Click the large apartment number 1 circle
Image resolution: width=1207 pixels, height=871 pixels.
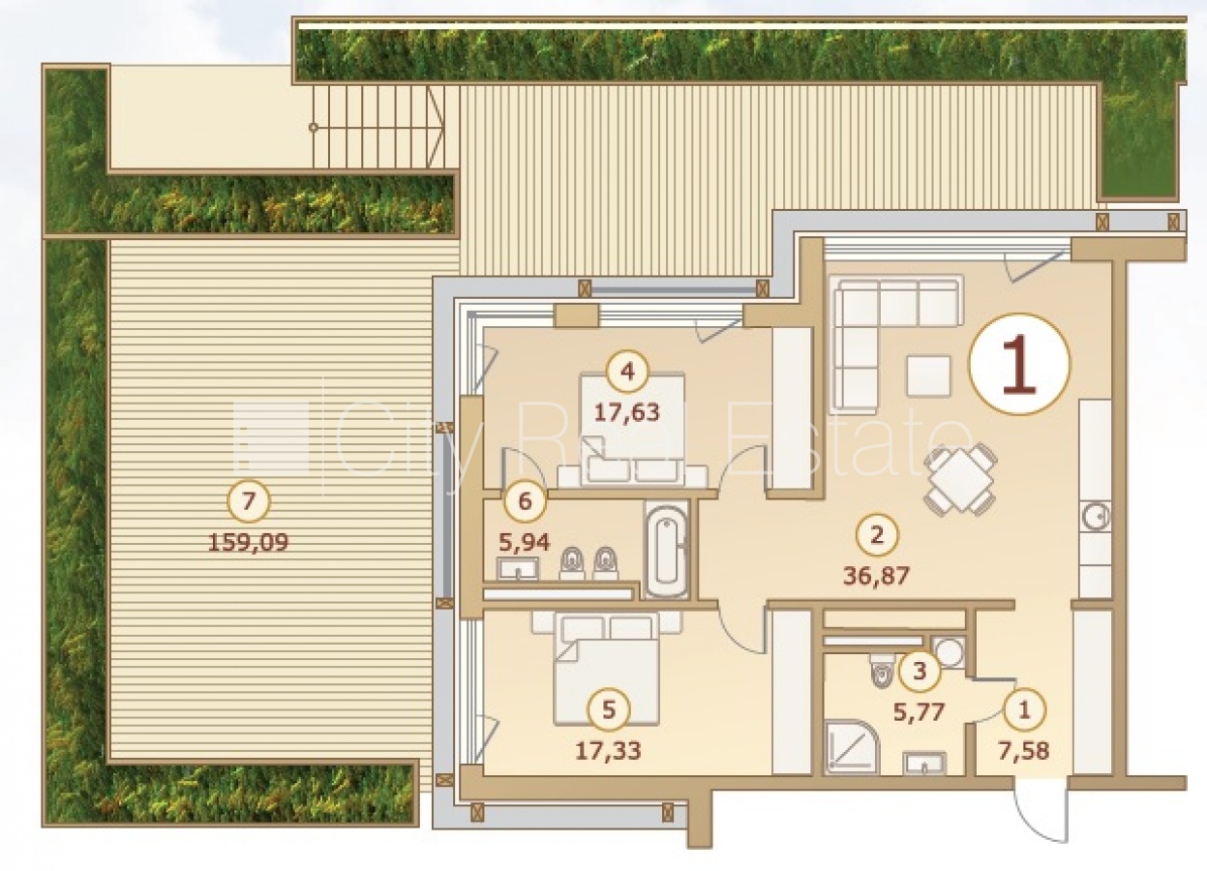coord(1019,364)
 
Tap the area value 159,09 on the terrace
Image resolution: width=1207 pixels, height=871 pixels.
coord(249,542)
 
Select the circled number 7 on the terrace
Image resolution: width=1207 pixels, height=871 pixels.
coord(249,501)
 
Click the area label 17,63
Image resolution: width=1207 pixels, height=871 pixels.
coord(626,412)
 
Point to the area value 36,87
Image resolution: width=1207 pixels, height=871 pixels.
coord(876,576)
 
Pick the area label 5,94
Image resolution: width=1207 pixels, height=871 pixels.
coord(525,542)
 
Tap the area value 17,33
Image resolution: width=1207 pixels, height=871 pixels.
coord(609,751)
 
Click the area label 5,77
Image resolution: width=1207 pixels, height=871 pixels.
coord(919,712)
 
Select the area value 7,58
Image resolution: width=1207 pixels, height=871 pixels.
coord(1024,751)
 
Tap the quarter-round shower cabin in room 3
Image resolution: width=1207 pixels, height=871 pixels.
coord(852,746)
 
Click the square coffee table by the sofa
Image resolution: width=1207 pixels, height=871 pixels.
coord(928,375)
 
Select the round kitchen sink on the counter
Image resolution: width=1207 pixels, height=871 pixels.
coord(1096,517)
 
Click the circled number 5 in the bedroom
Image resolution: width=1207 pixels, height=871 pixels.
coord(609,710)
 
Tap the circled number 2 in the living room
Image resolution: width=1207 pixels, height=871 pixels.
coord(877,535)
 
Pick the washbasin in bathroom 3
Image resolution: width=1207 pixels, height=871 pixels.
coord(924,764)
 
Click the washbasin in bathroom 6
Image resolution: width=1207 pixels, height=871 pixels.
coord(517,569)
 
